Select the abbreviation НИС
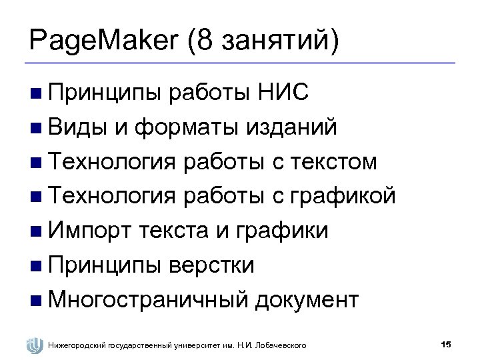283,91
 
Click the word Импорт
89,231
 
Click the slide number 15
446,344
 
